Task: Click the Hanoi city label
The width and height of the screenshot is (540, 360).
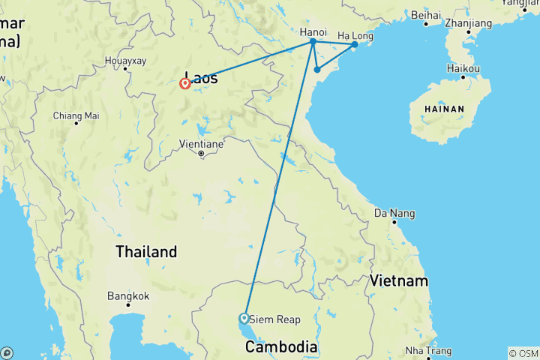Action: (x=312, y=32)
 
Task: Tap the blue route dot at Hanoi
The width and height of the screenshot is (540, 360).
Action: (x=313, y=42)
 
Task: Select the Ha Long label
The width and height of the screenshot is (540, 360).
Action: (x=355, y=35)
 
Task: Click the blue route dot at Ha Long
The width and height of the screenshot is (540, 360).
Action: (x=355, y=45)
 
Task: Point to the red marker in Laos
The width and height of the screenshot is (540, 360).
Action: (x=184, y=84)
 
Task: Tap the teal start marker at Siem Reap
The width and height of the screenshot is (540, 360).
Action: (x=244, y=318)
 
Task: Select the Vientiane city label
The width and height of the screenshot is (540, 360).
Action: (x=201, y=143)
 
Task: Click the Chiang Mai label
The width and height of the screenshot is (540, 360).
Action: (x=76, y=115)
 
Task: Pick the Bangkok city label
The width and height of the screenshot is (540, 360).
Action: (x=127, y=295)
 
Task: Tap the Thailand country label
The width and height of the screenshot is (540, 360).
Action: (x=146, y=252)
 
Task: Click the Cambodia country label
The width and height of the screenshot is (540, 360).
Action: (x=282, y=347)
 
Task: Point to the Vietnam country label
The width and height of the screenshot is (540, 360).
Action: (x=398, y=281)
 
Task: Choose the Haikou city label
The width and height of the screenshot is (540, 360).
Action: (x=464, y=68)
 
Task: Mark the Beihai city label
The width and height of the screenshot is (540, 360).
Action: (x=425, y=14)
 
